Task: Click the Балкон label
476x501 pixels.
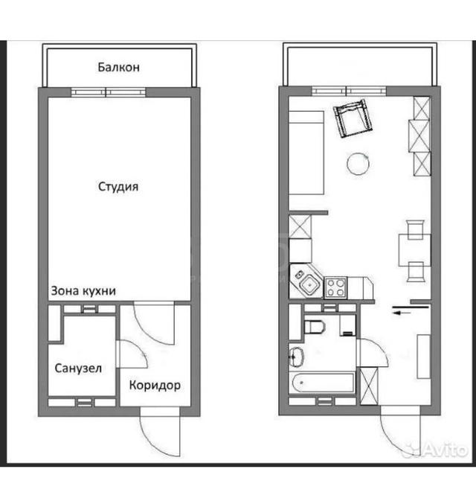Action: pyautogui.click(x=118, y=67)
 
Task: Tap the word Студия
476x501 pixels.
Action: pyautogui.click(x=118, y=187)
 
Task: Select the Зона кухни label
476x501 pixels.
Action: pyautogui.click(x=83, y=291)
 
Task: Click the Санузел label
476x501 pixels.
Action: pyautogui.click(x=78, y=368)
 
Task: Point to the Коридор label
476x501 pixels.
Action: pyautogui.click(x=155, y=386)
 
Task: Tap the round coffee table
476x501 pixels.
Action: pyautogui.click(x=358, y=164)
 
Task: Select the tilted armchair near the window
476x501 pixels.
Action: pyautogui.click(x=353, y=118)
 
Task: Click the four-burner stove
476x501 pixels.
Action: pyautogui.click(x=335, y=287)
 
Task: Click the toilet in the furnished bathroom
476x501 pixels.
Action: pyautogui.click(x=314, y=327)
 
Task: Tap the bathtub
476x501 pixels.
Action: pyautogui.click(x=322, y=383)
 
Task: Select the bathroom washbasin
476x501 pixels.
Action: pyautogui.click(x=297, y=357)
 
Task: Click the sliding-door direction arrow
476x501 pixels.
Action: pyautogui.click(x=402, y=313)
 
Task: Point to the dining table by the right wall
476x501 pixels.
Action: pyautogui.click(x=414, y=250)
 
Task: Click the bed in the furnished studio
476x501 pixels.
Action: pyautogui.click(x=306, y=153)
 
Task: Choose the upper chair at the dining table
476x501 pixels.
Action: pyautogui.click(x=415, y=230)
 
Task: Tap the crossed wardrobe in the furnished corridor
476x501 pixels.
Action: pyautogui.click(x=369, y=386)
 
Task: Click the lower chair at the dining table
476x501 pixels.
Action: pyautogui.click(x=416, y=272)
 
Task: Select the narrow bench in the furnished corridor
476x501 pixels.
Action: pyautogui.click(x=424, y=357)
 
